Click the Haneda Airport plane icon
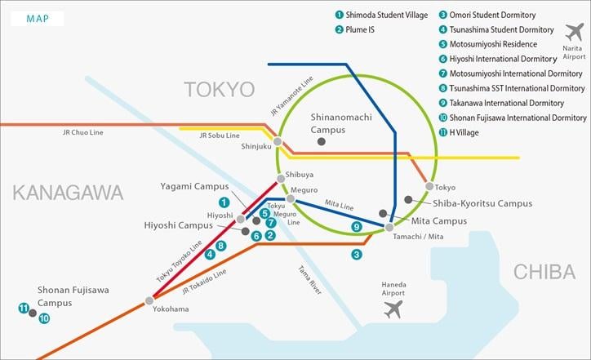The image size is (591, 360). (393, 309)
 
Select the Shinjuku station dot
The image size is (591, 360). (278, 141)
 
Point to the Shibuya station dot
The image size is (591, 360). (281, 177)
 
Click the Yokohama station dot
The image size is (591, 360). (149, 300)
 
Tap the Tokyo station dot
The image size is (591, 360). (429, 186)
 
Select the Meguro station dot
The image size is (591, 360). (290, 199)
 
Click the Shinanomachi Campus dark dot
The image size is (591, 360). (322, 142)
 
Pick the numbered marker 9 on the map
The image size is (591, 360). (355, 227)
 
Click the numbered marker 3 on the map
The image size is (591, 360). (356, 255)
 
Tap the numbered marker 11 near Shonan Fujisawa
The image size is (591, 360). (23, 308)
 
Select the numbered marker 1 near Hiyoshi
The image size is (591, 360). (224, 202)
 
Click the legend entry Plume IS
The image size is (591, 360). (366, 29)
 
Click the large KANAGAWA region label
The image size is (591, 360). (67, 193)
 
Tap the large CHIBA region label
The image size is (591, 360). (544, 272)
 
